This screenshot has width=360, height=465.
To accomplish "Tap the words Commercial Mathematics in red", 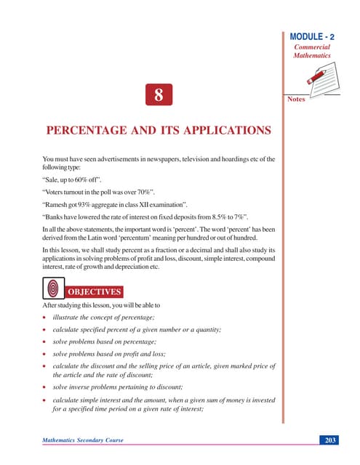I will click(x=312, y=50).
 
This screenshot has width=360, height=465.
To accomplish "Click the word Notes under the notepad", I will click(x=296, y=99).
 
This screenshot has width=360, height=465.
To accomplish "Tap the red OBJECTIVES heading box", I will click(x=94, y=292).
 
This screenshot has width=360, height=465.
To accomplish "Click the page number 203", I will click(x=328, y=440).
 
